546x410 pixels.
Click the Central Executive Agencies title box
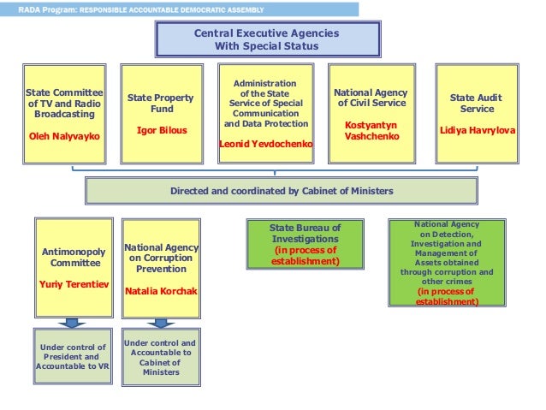[266, 39]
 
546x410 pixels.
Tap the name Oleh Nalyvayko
[64, 134]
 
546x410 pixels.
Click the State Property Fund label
[161, 104]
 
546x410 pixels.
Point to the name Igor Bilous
[161, 130]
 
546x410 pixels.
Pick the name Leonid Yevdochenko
[266, 145]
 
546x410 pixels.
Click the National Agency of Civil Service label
[370, 98]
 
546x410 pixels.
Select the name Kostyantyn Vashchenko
[370, 130]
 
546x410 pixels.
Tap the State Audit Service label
[477, 104]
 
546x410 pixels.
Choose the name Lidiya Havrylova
[477, 130]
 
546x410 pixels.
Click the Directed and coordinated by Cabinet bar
[281, 191]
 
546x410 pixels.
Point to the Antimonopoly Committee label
[74, 258]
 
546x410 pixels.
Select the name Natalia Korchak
[161, 291]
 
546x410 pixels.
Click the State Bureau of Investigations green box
[305, 244]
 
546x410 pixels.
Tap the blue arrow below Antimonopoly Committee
[74, 323]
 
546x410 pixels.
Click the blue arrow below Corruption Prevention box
[159, 323]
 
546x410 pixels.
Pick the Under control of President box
[74, 356]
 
